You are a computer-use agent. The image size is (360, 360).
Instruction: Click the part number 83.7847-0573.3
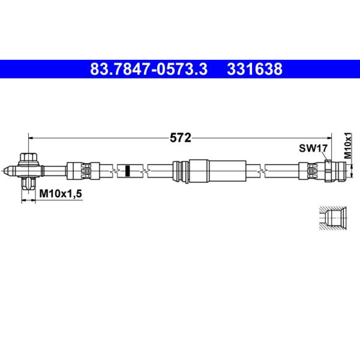[148, 69]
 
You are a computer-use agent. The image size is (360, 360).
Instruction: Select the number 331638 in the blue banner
[254, 69]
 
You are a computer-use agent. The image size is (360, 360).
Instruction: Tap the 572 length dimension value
[180, 138]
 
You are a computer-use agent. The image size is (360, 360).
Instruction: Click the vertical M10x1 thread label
[347, 145]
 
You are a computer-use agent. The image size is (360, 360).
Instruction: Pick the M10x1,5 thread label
[60, 194]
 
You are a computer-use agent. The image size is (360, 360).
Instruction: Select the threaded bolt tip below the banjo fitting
[28, 183]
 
